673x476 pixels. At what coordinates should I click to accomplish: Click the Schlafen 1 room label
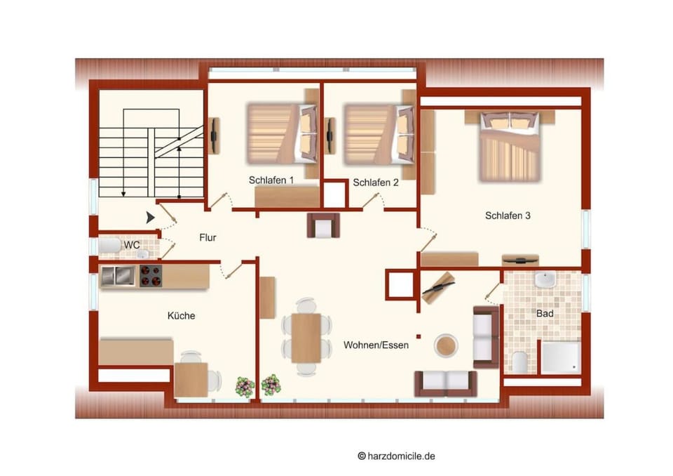271,180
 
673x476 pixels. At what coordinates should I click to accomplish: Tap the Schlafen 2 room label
376,183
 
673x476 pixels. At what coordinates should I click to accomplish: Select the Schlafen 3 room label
508,216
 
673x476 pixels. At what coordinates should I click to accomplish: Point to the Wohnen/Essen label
376,345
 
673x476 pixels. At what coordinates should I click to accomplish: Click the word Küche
181,316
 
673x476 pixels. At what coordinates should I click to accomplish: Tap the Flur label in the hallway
208,237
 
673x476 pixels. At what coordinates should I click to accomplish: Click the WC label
132,244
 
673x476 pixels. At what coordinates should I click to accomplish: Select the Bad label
545,313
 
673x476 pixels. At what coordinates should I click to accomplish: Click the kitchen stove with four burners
151,276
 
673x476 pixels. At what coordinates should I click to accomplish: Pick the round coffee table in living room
446,345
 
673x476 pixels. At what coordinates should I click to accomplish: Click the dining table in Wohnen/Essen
306,338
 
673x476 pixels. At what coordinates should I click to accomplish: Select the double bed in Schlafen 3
510,146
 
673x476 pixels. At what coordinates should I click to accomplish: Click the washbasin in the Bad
545,279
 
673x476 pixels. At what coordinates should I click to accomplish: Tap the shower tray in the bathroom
561,357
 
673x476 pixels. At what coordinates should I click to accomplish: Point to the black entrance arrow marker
150,218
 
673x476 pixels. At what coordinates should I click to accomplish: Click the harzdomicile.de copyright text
396,456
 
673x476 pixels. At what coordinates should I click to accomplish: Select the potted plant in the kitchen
245,387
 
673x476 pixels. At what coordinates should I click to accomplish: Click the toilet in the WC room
109,246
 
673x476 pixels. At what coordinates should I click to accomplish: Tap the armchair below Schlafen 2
324,225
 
